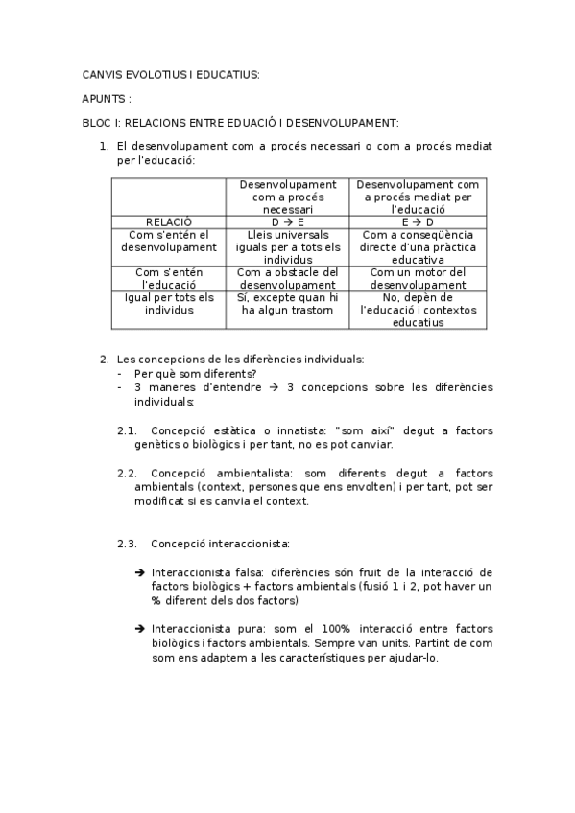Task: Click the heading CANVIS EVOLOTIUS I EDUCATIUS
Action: [x=171, y=74]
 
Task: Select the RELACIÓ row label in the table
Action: [x=169, y=221]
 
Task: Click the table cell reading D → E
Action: [x=288, y=221]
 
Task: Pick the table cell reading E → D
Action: [x=418, y=221]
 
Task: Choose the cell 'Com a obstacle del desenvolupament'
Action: [x=288, y=278]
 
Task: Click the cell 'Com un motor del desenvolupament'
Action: [x=418, y=278]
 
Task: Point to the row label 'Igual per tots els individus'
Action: [x=169, y=304]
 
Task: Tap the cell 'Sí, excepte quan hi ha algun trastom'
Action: [x=288, y=304]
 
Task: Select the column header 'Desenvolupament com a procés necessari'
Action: [x=288, y=196]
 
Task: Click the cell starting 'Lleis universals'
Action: [x=288, y=246]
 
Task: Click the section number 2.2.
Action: [x=128, y=474]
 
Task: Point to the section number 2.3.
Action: [x=128, y=544]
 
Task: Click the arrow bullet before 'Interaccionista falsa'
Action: [x=141, y=572]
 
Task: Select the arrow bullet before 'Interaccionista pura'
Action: [x=141, y=628]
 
